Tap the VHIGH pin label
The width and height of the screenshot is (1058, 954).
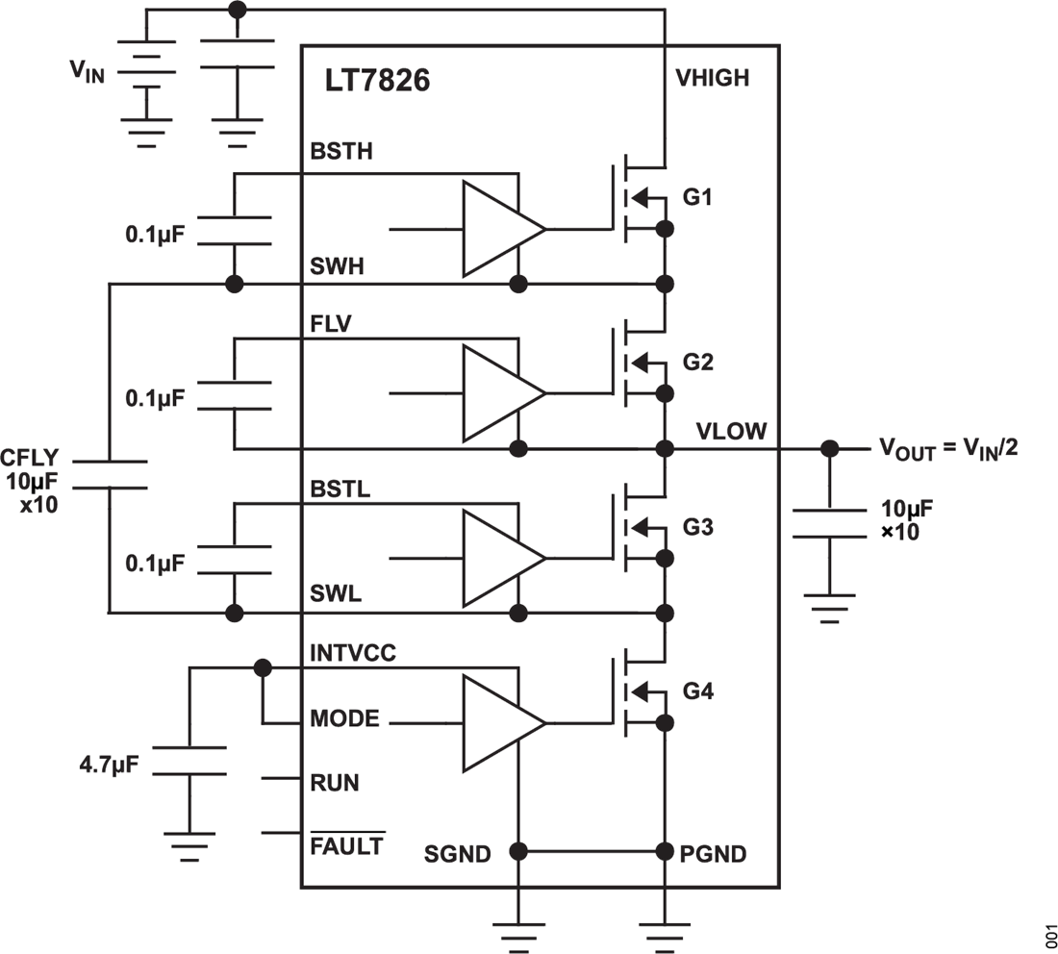(713, 78)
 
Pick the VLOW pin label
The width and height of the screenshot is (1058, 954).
(731, 431)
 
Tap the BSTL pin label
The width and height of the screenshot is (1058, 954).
(340, 489)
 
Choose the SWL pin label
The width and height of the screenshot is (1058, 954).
(335, 594)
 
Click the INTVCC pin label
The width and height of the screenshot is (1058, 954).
(352, 654)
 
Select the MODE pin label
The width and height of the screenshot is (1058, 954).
(344, 719)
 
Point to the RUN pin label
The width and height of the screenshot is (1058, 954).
(334, 783)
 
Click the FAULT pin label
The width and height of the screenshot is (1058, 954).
(347, 845)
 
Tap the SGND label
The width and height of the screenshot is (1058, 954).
(457, 853)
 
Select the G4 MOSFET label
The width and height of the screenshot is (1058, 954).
(698, 691)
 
